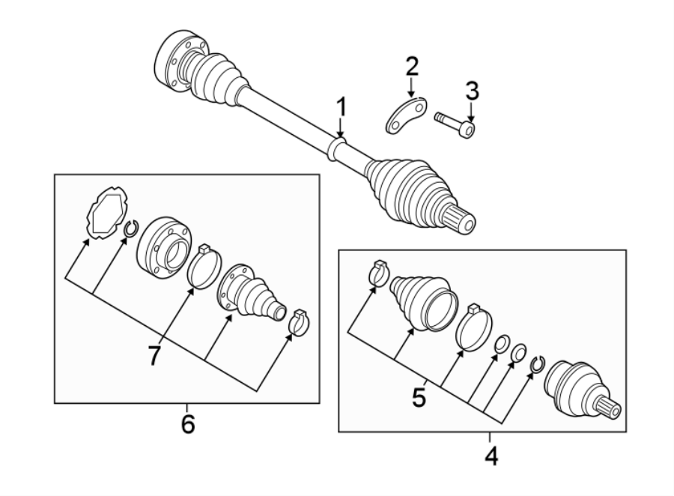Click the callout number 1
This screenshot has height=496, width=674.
pyautogui.click(x=341, y=109)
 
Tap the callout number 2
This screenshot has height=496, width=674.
pyautogui.click(x=411, y=67)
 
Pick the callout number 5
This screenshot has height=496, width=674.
pyautogui.click(x=419, y=396)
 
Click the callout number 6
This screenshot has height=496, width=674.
pyautogui.click(x=187, y=424)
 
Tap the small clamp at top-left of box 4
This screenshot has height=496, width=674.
pyautogui.click(x=379, y=273)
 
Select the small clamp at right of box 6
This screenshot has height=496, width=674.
pyautogui.click(x=298, y=321)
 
